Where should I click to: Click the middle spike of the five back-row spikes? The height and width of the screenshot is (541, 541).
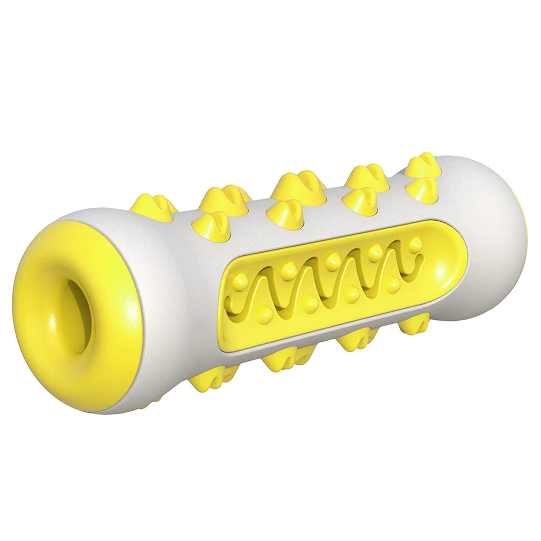click(x=292, y=184)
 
